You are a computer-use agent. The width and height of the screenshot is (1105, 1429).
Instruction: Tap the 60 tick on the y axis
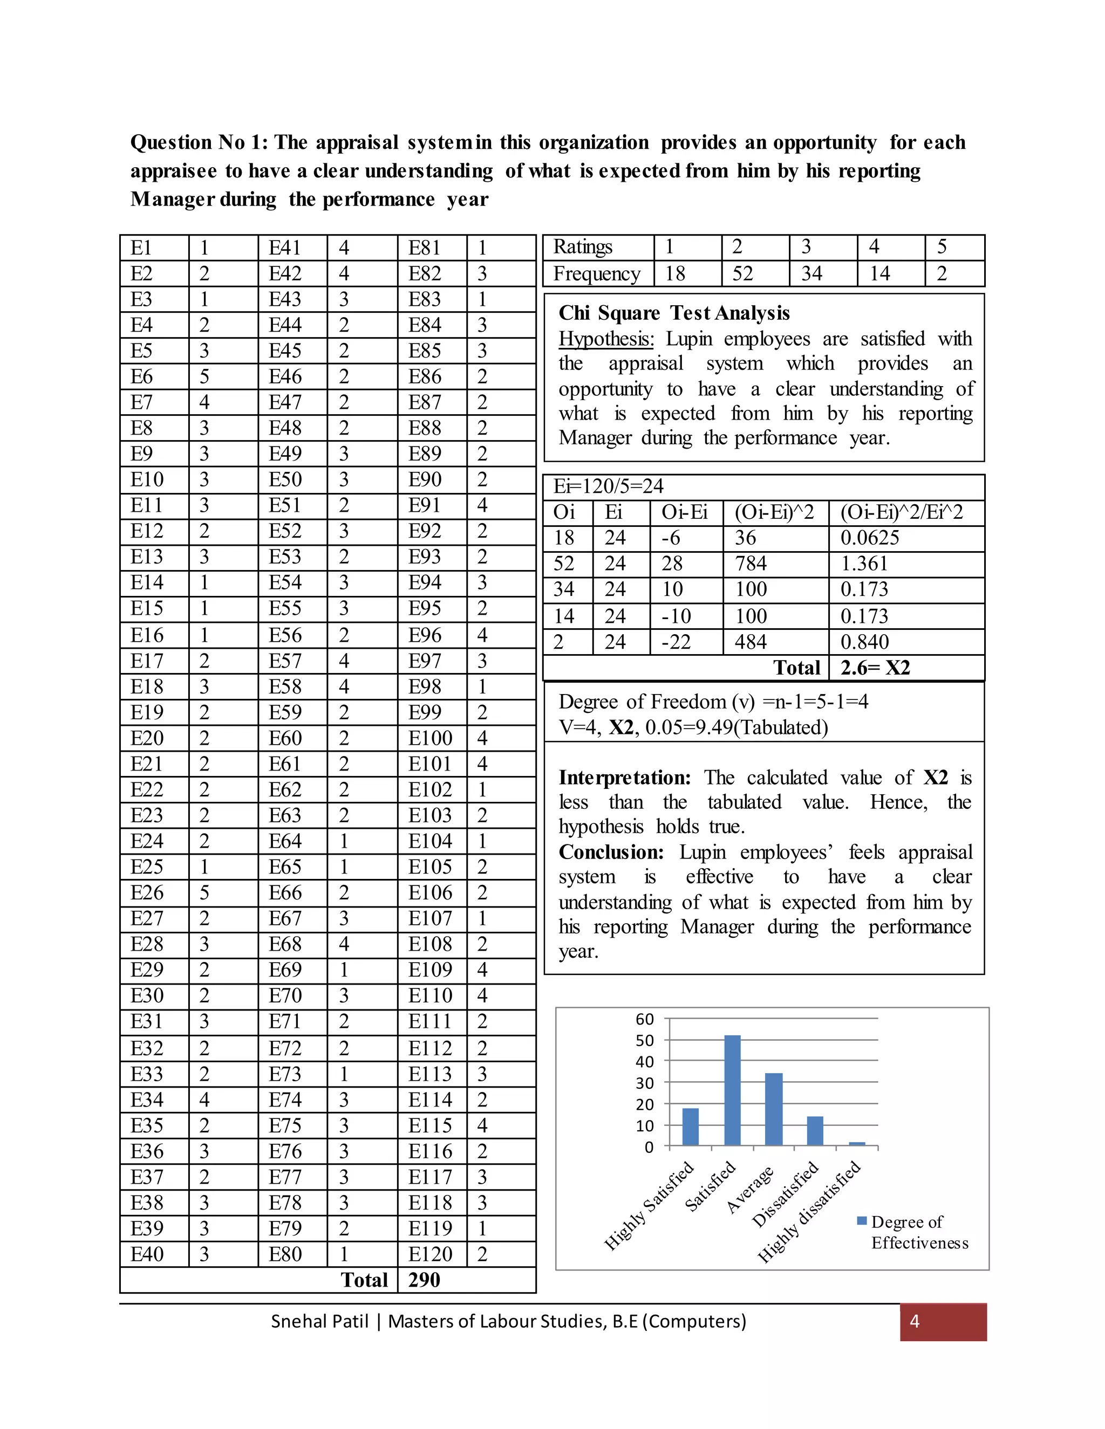[x=645, y=1019]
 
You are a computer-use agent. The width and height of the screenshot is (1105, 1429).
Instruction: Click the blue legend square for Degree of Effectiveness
[x=862, y=1221]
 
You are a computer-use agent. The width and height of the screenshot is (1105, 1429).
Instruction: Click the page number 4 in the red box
[x=915, y=1321]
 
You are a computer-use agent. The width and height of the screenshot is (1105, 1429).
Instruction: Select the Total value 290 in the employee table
[x=424, y=1280]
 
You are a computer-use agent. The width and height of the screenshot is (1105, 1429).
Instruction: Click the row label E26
[x=147, y=892]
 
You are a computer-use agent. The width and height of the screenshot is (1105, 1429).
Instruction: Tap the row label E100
[x=430, y=738]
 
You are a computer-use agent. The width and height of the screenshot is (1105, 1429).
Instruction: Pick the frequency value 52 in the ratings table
[x=742, y=273]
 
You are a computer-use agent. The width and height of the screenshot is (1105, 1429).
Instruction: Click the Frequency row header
[x=596, y=273]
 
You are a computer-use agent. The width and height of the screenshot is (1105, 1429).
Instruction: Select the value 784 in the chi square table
[x=751, y=564]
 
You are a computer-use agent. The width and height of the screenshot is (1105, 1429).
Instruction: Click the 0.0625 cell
[x=870, y=538]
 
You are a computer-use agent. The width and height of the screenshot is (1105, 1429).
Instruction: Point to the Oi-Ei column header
[x=685, y=512]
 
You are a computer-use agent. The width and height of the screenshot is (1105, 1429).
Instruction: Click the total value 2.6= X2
[x=875, y=668]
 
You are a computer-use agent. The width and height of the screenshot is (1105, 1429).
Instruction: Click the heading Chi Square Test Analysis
[x=674, y=313]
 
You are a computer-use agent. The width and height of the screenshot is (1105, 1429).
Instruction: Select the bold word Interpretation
[x=624, y=777]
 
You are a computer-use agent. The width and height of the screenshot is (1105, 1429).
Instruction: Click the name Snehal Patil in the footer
[x=319, y=1321]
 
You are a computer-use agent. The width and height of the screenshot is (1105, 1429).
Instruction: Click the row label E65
[x=285, y=867]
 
